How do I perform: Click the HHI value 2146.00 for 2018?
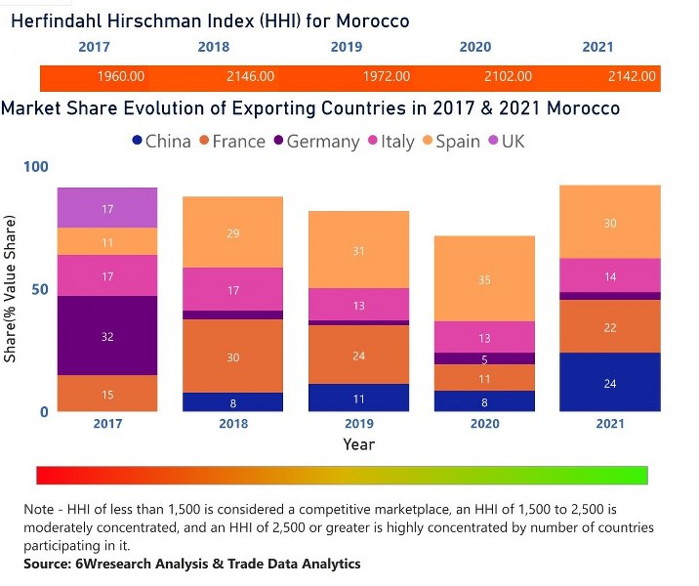(250, 77)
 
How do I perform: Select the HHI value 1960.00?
(121, 77)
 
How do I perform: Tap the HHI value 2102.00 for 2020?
(508, 77)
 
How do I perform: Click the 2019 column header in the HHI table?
(346, 47)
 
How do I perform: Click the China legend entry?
(161, 142)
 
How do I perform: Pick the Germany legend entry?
(315, 142)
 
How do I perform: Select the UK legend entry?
(505, 142)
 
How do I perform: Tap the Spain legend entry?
(450, 142)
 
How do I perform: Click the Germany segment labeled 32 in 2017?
(107, 336)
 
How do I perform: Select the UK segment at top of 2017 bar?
(107, 208)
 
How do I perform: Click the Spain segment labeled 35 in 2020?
(484, 279)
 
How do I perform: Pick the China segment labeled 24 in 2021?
(610, 383)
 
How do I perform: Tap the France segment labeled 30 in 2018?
(233, 356)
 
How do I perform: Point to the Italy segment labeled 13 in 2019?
(359, 305)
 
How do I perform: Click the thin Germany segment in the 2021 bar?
(610, 296)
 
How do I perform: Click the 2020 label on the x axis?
(484, 424)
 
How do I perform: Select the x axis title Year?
(358, 444)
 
